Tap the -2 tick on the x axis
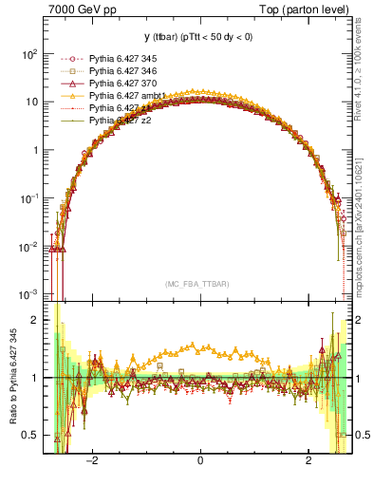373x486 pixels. tap(92, 463)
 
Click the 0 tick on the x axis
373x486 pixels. tap(200, 463)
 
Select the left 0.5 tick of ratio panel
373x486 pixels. tap(33, 435)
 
